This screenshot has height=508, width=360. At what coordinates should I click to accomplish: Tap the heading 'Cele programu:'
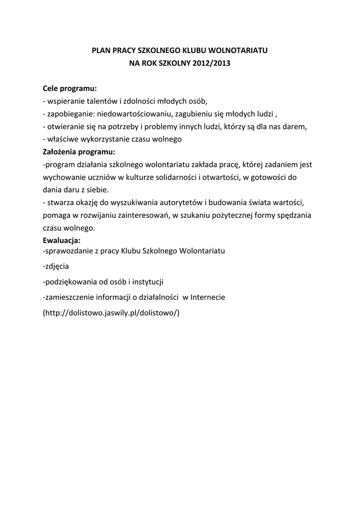(70, 88)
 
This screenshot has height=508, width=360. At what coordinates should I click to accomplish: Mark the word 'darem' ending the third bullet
(295, 127)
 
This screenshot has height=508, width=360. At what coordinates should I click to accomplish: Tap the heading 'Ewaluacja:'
(62, 241)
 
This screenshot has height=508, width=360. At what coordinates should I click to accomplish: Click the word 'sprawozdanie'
(67, 251)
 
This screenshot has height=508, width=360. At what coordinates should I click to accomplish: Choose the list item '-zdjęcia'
(56, 266)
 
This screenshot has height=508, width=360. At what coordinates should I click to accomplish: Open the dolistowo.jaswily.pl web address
(111, 313)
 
